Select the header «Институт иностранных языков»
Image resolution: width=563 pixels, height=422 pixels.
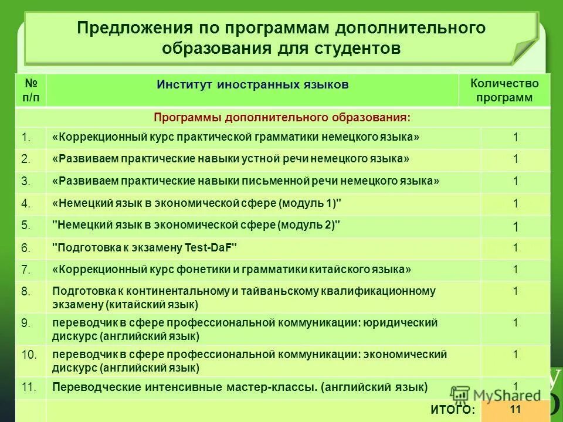252,85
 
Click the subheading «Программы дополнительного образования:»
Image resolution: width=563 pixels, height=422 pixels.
282,117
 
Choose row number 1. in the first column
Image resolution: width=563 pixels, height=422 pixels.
26,138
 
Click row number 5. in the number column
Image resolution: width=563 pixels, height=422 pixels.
26,225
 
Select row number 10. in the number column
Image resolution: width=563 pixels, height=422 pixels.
29,355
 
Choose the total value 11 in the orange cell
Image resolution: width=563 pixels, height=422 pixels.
515,410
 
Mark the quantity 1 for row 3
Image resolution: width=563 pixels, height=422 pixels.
515,181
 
